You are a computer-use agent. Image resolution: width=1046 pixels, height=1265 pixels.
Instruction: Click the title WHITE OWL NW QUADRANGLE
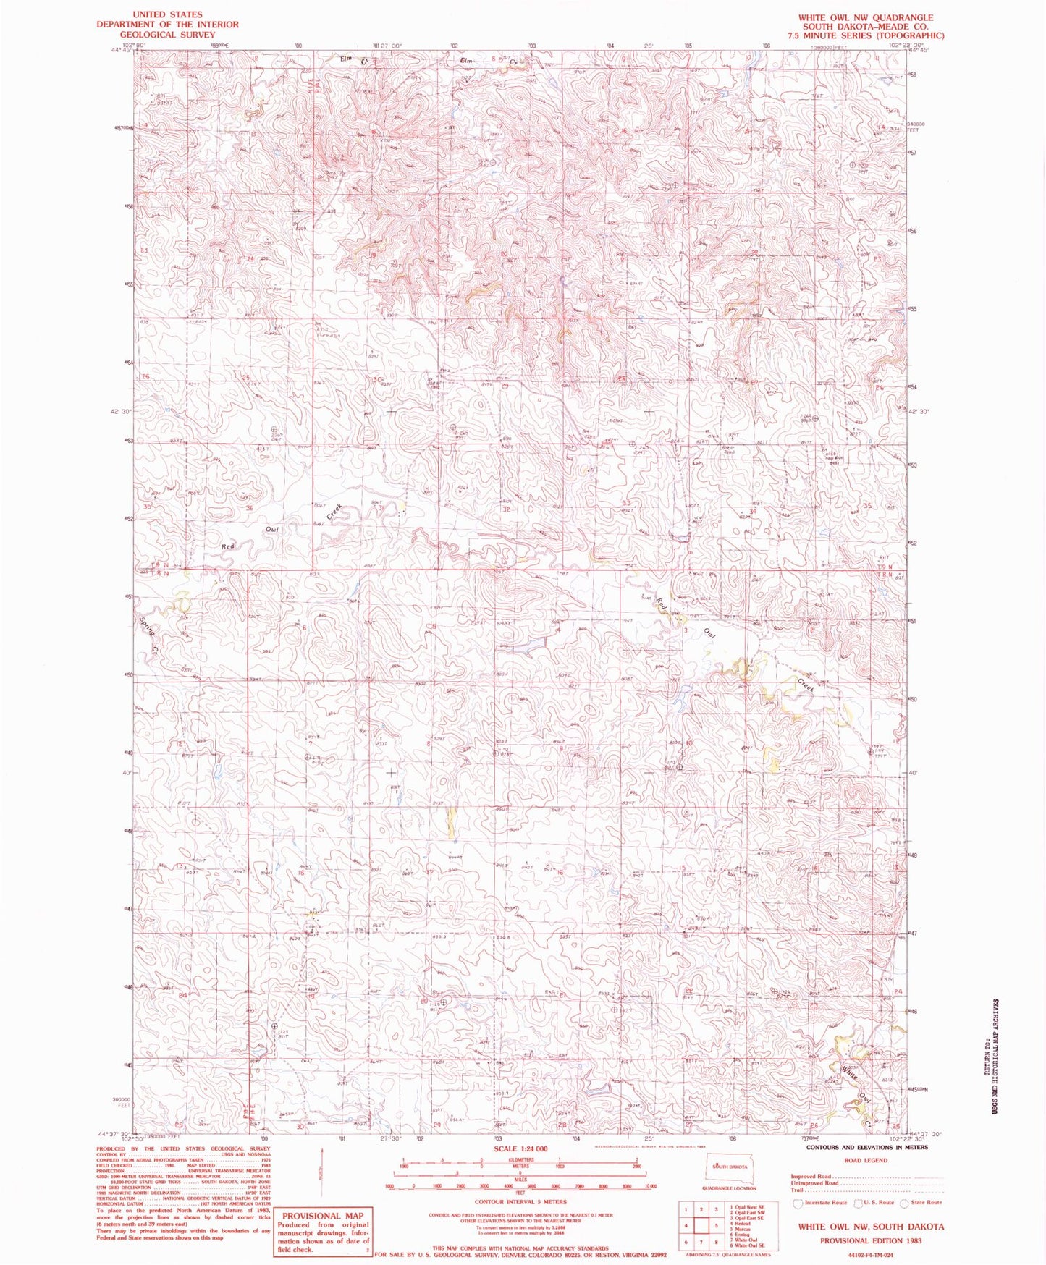(865, 17)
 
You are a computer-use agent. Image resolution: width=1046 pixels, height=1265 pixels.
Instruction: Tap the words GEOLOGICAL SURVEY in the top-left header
(167, 34)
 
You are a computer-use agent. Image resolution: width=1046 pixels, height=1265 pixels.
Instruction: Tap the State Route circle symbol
(903, 1203)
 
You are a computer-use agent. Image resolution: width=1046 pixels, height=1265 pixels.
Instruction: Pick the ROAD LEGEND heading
(865, 1160)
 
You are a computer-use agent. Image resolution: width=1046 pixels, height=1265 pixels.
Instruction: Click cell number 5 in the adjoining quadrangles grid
(715, 1226)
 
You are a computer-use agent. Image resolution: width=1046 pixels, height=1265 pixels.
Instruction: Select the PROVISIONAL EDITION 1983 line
(871, 1240)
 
